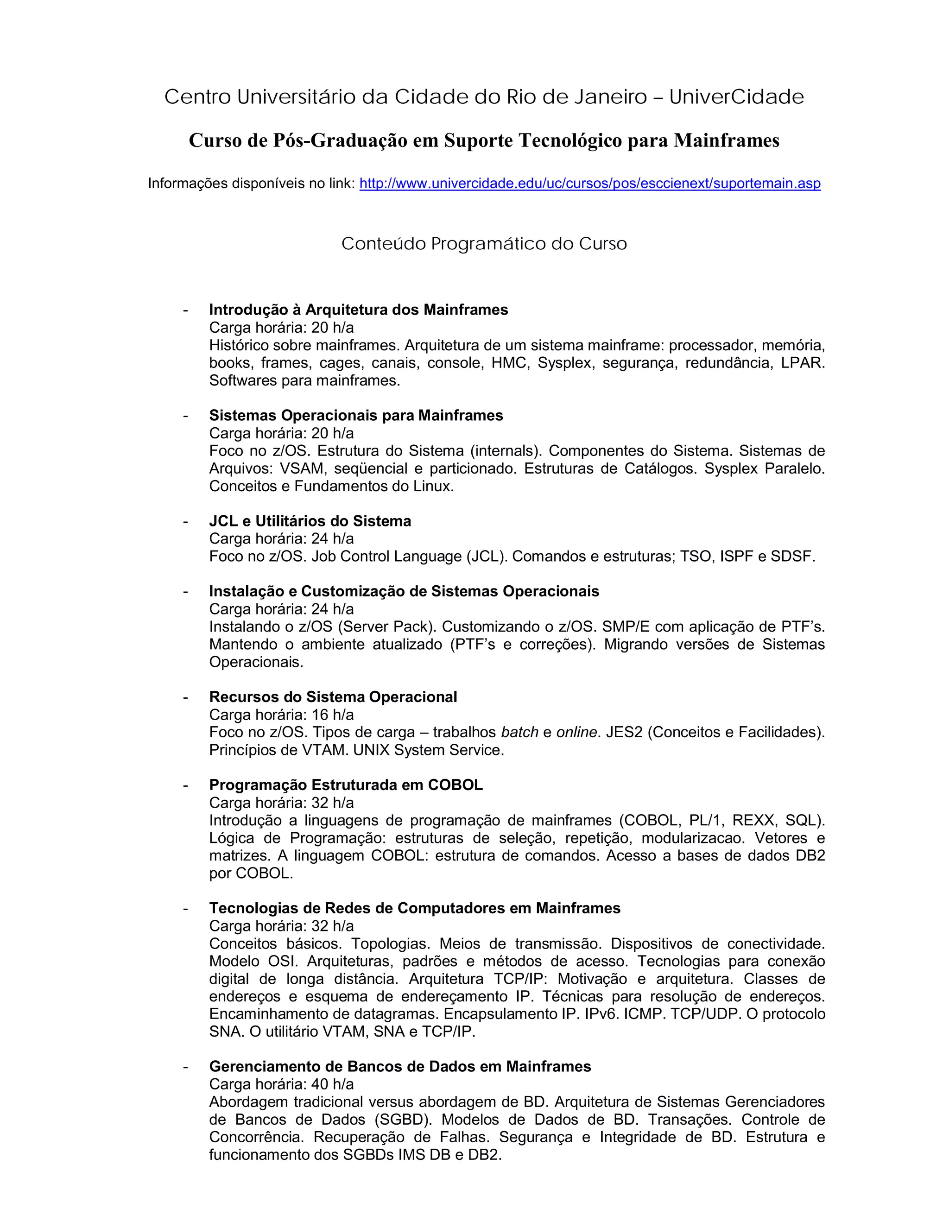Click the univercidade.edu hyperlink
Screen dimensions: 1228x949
tap(590, 184)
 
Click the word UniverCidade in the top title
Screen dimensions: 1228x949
tap(736, 97)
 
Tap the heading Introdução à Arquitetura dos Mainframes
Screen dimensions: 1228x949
tap(358, 310)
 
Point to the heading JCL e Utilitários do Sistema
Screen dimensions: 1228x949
tap(310, 521)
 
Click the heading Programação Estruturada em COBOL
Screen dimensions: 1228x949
tap(346, 785)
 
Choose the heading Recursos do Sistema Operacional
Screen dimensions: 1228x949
tap(333, 697)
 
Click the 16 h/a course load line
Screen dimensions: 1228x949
tap(281, 715)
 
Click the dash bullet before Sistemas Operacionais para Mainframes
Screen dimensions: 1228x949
tap(185, 416)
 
